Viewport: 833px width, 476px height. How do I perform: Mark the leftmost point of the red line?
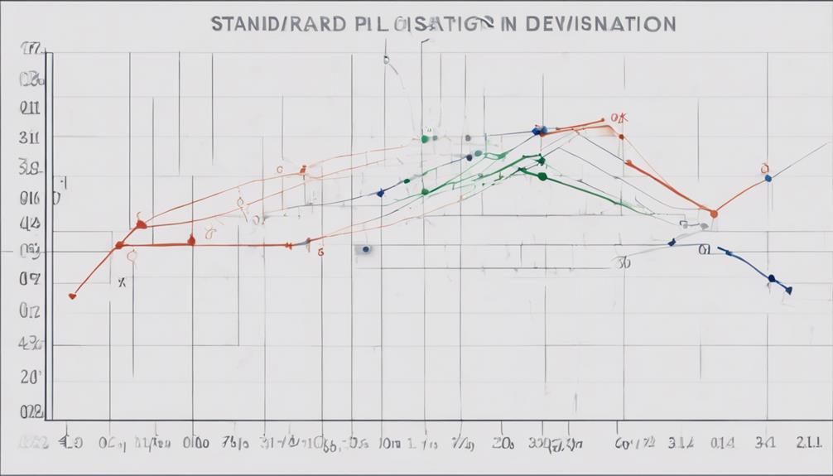coord(73,295)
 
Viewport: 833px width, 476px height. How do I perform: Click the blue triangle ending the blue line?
coord(788,290)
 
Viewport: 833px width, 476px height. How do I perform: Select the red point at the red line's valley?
coord(714,214)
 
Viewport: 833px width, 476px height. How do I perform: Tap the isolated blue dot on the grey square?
coord(365,248)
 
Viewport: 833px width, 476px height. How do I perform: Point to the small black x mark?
coord(122,282)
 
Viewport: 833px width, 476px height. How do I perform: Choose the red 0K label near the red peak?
coord(617,119)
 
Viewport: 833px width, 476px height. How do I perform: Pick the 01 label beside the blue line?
coord(705,249)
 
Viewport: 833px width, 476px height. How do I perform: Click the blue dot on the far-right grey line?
coord(768,178)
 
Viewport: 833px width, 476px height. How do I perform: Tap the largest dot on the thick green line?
coord(542,175)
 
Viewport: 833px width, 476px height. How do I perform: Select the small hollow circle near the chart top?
coord(386,60)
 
